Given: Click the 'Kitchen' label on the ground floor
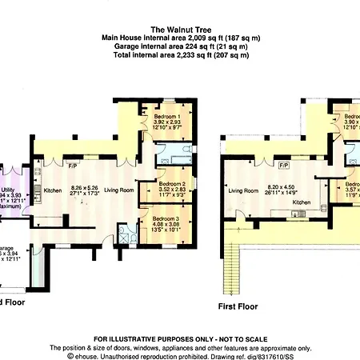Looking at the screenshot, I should point(53,190).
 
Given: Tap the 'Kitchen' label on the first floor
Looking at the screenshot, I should point(301,202).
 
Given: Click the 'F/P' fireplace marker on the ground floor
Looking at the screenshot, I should point(72,166).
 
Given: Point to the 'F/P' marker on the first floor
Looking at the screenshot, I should point(282,166).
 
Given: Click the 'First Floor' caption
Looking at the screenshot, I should point(238,306).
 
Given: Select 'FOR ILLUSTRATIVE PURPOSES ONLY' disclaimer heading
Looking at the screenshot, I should point(180,339).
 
